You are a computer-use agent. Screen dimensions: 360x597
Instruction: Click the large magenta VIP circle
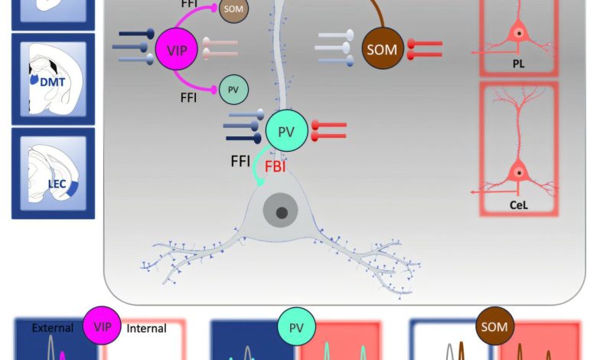(x=177, y=51)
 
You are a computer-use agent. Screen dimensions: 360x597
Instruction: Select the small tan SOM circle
(x=233, y=10)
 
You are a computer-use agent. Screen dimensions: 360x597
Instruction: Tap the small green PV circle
(x=233, y=90)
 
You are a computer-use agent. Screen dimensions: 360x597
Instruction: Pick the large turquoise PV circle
(x=286, y=131)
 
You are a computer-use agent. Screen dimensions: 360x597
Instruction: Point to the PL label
(x=519, y=64)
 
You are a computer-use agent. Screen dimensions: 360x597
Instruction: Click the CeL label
(x=519, y=205)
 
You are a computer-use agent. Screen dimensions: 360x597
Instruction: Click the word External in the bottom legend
(x=53, y=329)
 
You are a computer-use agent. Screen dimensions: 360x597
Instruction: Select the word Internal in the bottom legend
(x=146, y=329)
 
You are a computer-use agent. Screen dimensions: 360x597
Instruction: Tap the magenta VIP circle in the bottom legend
(x=102, y=327)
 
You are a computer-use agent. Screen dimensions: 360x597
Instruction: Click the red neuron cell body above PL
(x=519, y=34)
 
